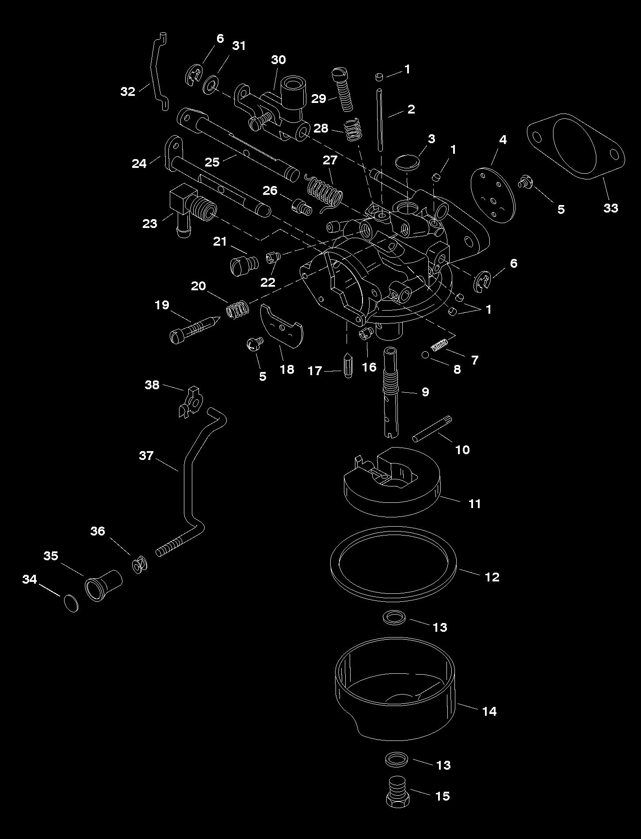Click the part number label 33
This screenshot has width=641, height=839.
tap(610, 208)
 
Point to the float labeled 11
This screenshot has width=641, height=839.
tap(392, 495)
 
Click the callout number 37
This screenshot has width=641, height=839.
tap(146, 456)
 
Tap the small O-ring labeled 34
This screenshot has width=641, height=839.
tap(71, 603)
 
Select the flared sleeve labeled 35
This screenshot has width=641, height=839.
tap(103, 584)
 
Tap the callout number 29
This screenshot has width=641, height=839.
tap(318, 99)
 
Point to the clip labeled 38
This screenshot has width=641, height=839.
tap(191, 402)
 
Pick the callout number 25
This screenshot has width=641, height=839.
tap(212, 162)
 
